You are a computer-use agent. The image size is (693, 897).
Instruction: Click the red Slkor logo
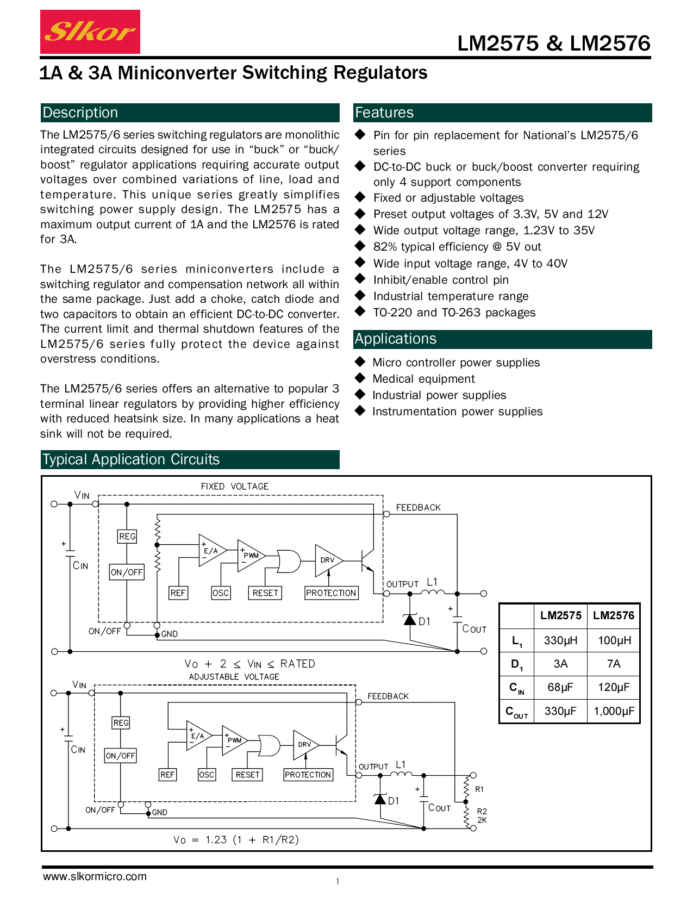pyautogui.click(x=90, y=32)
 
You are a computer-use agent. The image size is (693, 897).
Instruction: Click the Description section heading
pyautogui.click(x=80, y=113)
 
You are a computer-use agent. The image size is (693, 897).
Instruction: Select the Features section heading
pyautogui.click(x=384, y=113)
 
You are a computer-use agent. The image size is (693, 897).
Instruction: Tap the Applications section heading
pyautogui.click(x=396, y=339)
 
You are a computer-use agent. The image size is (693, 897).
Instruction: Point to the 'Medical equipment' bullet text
pyautogui.click(x=423, y=379)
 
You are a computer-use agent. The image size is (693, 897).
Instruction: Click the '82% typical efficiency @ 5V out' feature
pyautogui.click(x=457, y=247)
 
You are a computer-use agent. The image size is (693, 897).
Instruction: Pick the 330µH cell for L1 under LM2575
pyautogui.click(x=560, y=640)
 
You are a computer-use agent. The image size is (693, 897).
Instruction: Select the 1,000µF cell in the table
pyautogui.click(x=614, y=711)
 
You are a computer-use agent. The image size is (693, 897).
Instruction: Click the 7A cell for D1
pyautogui.click(x=614, y=664)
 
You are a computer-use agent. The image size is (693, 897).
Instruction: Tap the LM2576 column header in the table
pyautogui.click(x=614, y=615)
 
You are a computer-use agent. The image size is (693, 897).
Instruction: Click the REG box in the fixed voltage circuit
pyautogui.click(x=127, y=537)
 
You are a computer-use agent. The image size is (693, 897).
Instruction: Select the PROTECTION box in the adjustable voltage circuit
pyautogui.click(x=308, y=775)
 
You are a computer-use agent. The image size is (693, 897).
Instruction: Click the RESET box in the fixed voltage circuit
pyautogui.click(x=265, y=593)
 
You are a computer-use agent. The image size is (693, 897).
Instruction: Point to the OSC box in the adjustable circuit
pyautogui.click(x=207, y=775)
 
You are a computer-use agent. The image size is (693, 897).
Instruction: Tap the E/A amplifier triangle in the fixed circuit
pyautogui.click(x=211, y=551)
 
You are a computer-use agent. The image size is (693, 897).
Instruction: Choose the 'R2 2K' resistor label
pyautogui.click(x=482, y=815)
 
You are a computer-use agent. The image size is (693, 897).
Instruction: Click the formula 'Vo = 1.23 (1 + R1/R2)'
pyautogui.click(x=236, y=840)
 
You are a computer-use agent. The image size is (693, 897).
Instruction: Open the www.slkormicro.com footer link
pyautogui.click(x=95, y=876)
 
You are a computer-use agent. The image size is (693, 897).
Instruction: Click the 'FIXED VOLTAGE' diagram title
pyautogui.click(x=235, y=487)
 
